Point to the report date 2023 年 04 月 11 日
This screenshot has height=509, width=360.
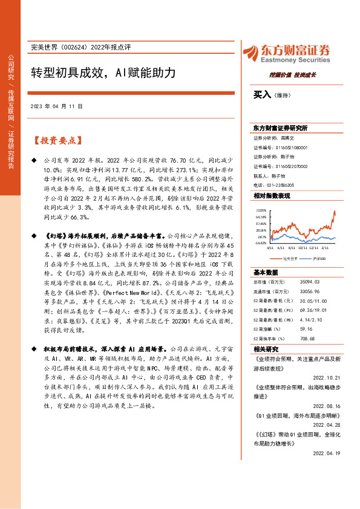[55, 106]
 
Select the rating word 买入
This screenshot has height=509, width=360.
[261, 95]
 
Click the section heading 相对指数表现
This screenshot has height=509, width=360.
[272, 196]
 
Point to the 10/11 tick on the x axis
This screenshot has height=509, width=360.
[303, 247]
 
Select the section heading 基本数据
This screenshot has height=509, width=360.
[266, 272]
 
